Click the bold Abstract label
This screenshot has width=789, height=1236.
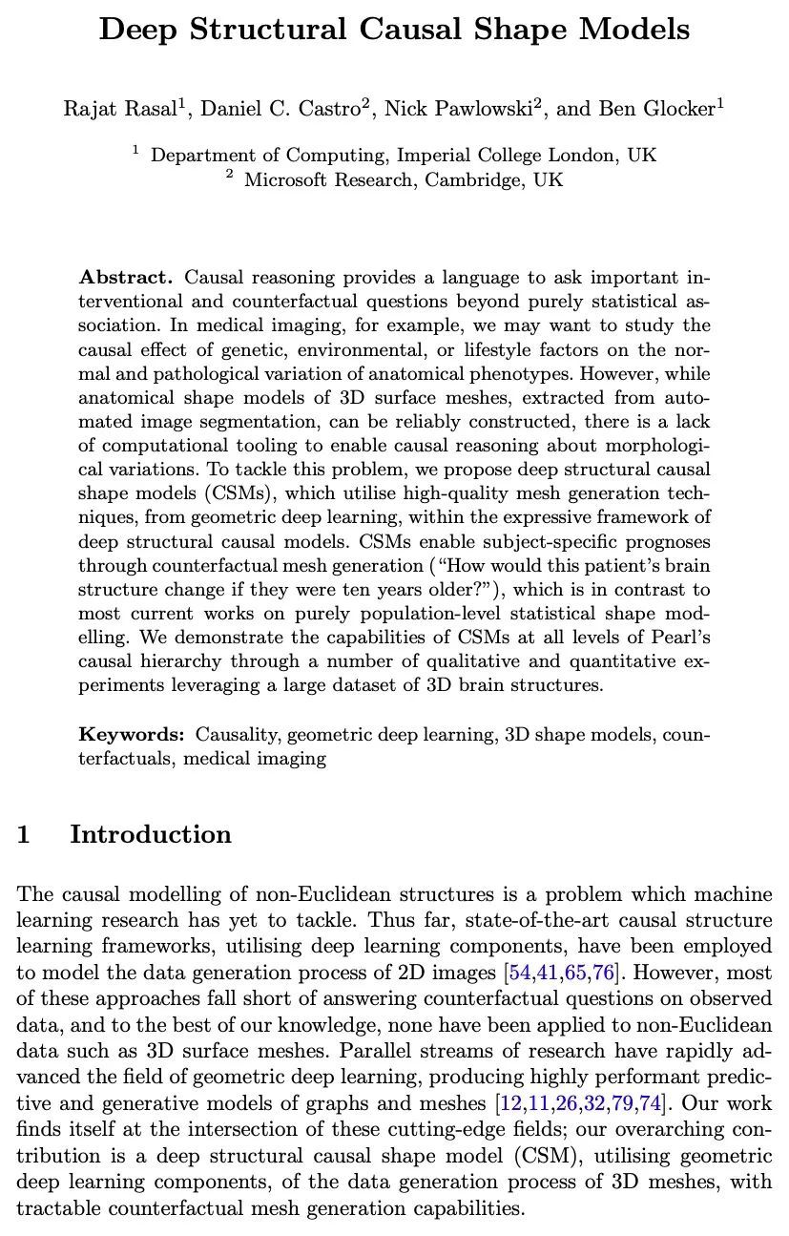(125, 278)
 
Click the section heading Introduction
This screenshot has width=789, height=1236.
(151, 834)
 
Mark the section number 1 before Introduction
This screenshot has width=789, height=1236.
(24, 834)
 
